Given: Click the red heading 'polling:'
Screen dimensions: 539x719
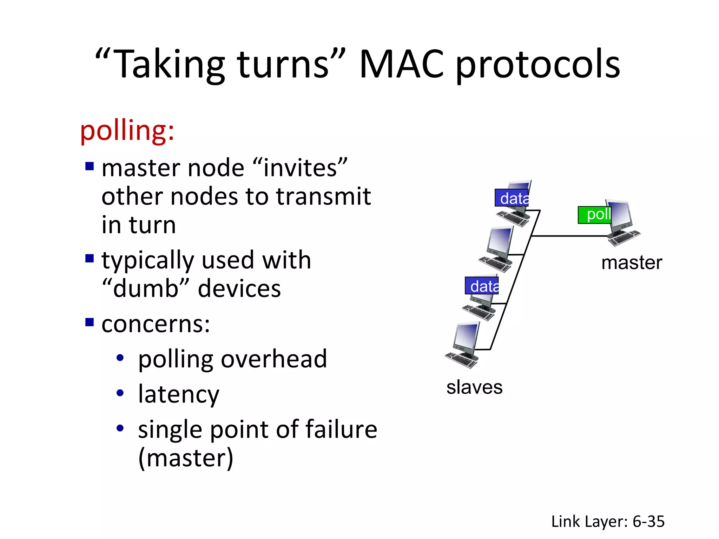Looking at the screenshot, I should pos(127,131).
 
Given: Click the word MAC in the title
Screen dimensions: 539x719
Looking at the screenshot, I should pos(402,65).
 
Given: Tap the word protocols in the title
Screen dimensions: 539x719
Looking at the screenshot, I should pos(537,65).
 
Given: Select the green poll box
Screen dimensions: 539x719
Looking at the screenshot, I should pos(595,215).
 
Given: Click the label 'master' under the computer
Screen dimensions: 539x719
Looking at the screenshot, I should pos(631,263).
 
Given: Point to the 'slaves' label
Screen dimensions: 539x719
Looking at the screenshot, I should pos(474,387).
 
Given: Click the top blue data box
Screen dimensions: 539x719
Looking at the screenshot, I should pos(512,198).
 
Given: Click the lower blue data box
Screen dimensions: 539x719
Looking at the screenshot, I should pos(482,286).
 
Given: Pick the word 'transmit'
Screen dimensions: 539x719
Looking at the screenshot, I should pos(323,197).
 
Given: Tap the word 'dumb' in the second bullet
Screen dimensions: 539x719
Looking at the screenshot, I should pos(146,288).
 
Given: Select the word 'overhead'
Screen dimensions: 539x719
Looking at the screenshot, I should pos(273,359).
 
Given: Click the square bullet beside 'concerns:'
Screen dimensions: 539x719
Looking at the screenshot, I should pos(90,322).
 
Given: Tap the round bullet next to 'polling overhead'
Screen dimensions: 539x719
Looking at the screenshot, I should pos(120,358).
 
